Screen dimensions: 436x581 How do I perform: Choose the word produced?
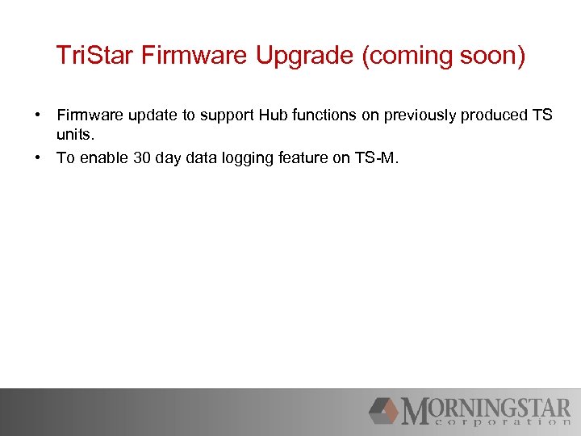(493, 115)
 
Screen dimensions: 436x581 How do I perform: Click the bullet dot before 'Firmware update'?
(39, 115)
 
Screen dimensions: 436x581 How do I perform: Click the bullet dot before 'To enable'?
(39, 158)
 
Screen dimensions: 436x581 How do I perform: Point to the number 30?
(141, 158)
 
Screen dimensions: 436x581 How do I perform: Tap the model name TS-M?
(374, 158)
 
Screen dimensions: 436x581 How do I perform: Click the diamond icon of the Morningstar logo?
(385, 410)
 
